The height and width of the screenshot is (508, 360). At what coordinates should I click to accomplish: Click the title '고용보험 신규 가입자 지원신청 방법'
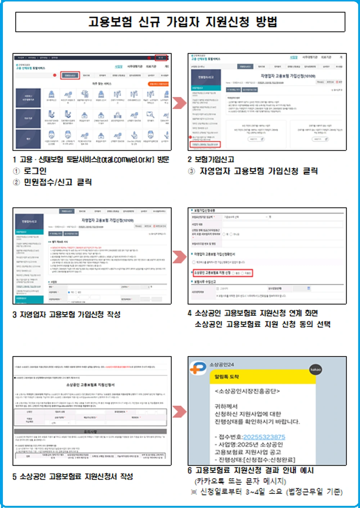click(x=183, y=22)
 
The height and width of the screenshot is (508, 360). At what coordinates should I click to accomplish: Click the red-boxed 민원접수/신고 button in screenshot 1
click(x=70, y=75)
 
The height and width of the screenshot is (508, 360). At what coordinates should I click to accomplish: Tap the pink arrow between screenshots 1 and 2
click(x=179, y=103)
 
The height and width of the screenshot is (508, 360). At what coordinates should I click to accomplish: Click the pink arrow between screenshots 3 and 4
click(x=179, y=257)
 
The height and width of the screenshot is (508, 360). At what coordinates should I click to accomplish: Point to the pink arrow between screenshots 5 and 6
click(x=179, y=411)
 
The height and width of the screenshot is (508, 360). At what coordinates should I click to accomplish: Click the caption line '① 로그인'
click(x=30, y=171)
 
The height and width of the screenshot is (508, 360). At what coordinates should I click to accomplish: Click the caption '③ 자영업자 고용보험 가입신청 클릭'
click(x=253, y=171)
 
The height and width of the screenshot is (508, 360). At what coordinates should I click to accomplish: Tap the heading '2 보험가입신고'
click(x=211, y=159)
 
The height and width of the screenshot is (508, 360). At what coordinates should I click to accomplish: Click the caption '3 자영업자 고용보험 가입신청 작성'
click(x=67, y=315)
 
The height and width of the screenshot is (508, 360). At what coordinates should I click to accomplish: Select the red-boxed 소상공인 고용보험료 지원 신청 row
click(x=222, y=273)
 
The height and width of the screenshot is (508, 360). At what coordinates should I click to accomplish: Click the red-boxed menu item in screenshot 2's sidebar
click(x=206, y=144)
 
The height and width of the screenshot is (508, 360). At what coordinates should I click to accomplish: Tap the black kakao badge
click(x=315, y=370)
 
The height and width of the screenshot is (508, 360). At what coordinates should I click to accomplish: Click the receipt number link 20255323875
click(x=264, y=437)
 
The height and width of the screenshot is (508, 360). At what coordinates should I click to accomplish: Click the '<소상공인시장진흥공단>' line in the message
click(x=247, y=391)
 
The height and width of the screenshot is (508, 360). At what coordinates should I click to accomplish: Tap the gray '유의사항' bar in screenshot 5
click(x=90, y=431)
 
